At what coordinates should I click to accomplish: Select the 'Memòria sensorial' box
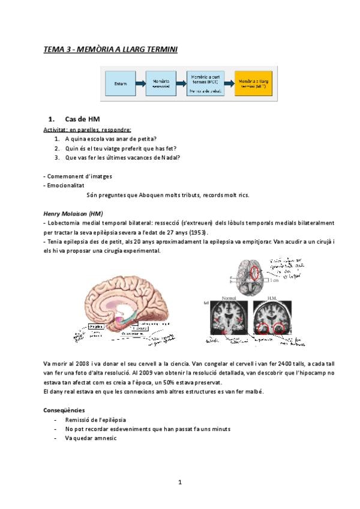tap(161, 83)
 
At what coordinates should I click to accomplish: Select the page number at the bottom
tap(180, 482)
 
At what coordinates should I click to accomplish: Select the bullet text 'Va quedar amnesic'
tap(91, 438)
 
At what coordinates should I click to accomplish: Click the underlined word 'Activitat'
tap(55, 130)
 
